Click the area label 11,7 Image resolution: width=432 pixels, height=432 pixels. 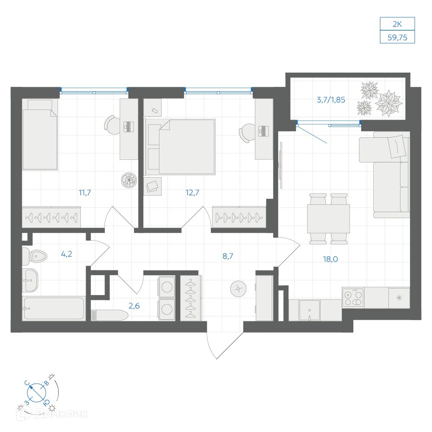tap(85, 193)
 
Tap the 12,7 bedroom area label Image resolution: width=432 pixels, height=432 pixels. tap(192, 193)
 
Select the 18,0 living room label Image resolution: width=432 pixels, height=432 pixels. tap(330, 259)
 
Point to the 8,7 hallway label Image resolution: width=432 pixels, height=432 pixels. tap(228, 256)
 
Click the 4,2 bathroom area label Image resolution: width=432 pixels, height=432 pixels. tap(67, 254)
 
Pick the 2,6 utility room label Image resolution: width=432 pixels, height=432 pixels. tap(134, 305)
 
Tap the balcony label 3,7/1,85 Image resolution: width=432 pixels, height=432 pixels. tap(331, 100)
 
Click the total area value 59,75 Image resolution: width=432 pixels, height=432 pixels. tap(397, 37)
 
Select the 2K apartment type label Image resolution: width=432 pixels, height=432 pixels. tap(397, 24)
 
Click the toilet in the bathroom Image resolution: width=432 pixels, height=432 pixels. tap(35, 256)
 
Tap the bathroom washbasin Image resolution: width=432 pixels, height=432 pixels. tap(30, 280)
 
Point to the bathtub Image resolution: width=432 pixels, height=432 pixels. tap(54, 308)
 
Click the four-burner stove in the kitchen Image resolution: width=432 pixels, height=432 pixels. tap(353, 298)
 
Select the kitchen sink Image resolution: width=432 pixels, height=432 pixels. tap(309, 310)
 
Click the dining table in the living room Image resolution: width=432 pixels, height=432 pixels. tap(328, 219)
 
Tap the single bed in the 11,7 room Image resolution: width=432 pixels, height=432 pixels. tap(40, 134)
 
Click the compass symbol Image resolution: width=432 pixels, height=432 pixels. tap(37, 393)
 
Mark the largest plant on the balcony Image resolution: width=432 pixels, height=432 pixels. tap(389, 102)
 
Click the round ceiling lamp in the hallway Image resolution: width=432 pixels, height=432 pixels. tap(238, 289)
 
